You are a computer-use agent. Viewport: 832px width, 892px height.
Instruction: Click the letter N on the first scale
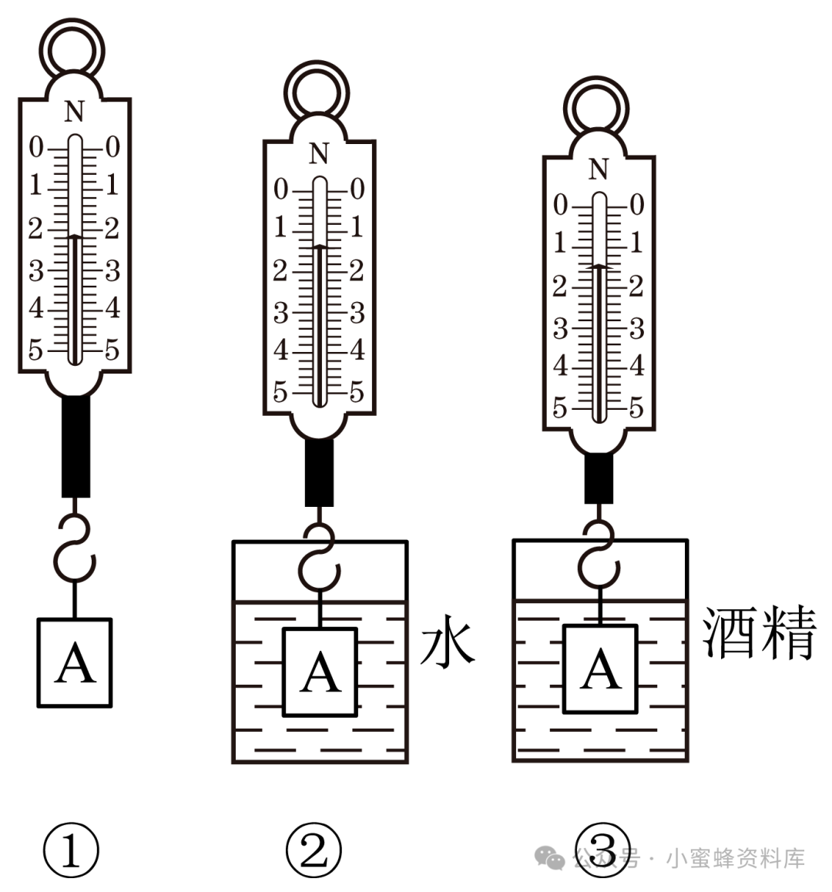coord(74,113)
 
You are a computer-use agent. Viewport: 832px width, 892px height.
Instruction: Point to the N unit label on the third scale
coord(599,169)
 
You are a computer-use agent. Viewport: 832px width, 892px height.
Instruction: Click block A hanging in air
coord(75,662)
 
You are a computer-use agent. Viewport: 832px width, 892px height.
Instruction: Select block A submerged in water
coord(320,672)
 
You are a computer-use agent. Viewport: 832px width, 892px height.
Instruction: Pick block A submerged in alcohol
coord(600,669)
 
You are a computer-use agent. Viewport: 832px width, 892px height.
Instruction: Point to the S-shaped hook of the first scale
coord(75,548)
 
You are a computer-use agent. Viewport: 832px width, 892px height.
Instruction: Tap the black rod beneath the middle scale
coord(319,471)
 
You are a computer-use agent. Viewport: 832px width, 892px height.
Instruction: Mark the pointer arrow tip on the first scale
coord(74,236)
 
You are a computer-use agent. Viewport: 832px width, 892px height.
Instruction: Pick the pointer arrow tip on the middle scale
coord(319,246)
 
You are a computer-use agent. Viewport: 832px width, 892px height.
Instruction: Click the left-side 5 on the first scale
coord(35,350)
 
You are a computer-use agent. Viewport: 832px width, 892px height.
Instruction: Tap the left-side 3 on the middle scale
coord(280,314)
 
